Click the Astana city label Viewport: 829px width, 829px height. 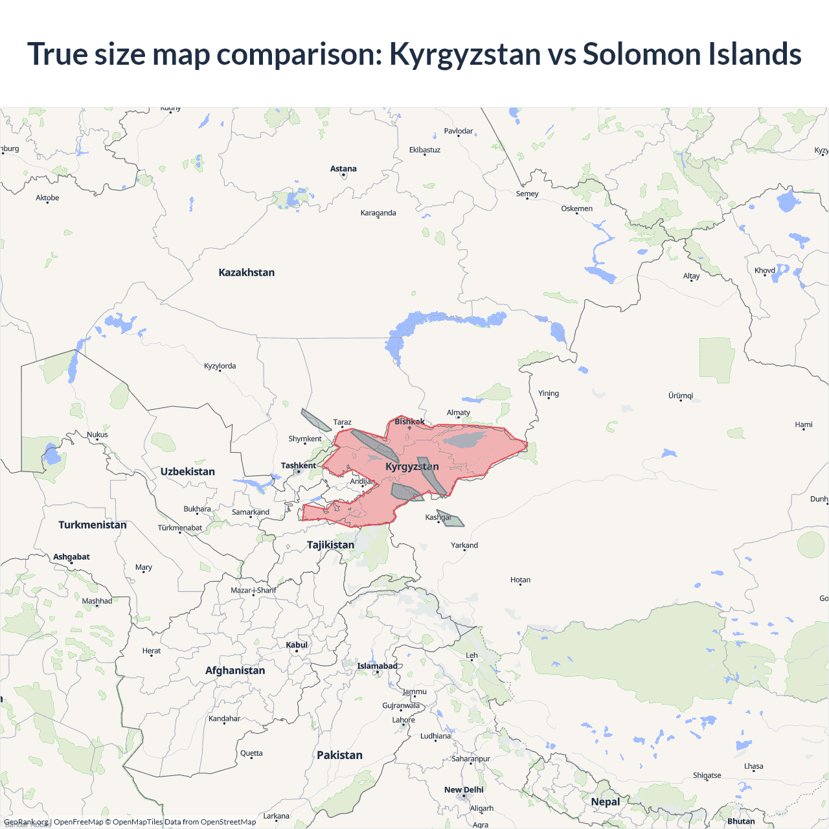click(x=343, y=169)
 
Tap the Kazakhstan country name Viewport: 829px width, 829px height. click(x=246, y=273)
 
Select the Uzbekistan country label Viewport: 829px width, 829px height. click(x=187, y=471)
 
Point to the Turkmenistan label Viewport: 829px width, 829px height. click(x=93, y=525)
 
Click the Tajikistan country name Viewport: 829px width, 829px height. click(x=330, y=545)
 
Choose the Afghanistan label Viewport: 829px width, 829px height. click(x=235, y=670)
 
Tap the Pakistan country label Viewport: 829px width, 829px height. click(x=339, y=755)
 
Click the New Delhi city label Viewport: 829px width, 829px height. click(x=464, y=789)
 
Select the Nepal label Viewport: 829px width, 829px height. click(x=605, y=802)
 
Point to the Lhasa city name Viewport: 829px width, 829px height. click(x=753, y=766)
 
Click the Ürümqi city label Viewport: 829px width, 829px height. click(x=681, y=396)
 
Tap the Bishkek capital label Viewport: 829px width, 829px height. click(x=410, y=422)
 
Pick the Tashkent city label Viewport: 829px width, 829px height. click(x=299, y=466)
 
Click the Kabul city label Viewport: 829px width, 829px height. click(x=297, y=645)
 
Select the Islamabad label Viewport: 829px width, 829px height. click(x=377, y=666)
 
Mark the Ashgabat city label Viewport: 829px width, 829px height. click(x=71, y=557)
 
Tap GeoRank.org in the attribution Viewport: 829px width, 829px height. click(x=26, y=822)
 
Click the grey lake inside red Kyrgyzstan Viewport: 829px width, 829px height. click(x=466, y=440)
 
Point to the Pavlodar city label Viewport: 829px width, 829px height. click(x=459, y=131)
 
